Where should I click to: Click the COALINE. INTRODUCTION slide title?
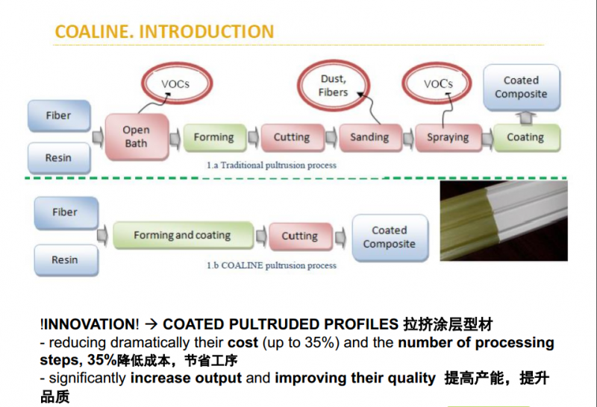[x=164, y=31]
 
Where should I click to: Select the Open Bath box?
[x=136, y=136]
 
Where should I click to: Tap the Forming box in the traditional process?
[x=213, y=137]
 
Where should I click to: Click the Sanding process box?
[x=369, y=137]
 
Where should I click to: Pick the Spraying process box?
[x=448, y=137]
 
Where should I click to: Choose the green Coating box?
[x=525, y=137]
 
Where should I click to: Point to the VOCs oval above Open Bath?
[x=176, y=84]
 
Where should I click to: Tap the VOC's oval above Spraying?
[x=438, y=84]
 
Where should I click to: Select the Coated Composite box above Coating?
[x=520, y=87]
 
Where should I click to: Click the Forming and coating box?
[x=182, y=236]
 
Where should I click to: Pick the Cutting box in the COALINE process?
[x=299, y=236]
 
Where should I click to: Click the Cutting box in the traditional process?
[x=291, y=137]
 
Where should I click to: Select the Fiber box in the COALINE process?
[x=65, y=212]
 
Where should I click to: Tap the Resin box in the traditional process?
[x=59, y=158]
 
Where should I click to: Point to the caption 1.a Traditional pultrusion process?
[x=272, y=165]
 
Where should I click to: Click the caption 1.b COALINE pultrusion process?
[x=272, y=265]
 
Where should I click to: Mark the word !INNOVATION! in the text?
[x=90, y=325]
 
